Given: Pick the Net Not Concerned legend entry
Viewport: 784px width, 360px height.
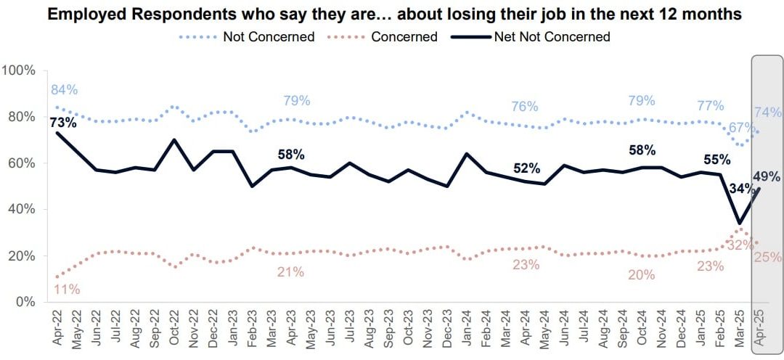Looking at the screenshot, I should (552, 36).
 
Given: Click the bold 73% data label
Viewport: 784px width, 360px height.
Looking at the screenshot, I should (63, 123).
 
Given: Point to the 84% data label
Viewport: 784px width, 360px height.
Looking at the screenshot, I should (64, 90).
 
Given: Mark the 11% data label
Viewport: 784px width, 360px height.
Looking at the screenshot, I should (66, 289).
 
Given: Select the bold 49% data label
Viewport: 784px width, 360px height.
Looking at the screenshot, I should (767, 176).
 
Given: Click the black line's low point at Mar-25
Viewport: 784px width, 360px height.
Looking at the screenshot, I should (739, 223).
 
